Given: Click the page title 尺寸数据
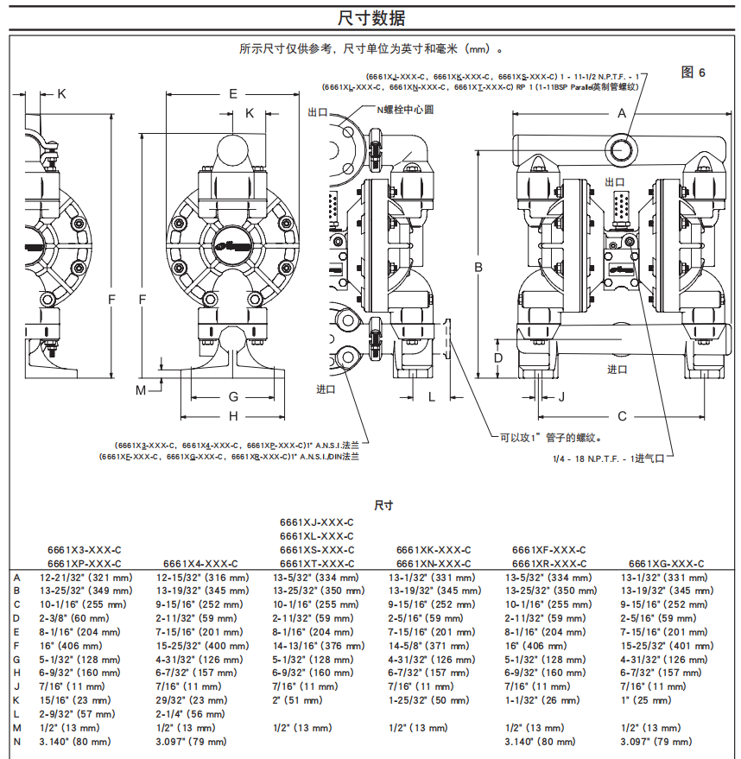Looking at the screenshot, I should (370, 17).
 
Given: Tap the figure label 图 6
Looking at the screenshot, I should (693, 73).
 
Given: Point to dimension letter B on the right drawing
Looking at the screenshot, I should (478, 268).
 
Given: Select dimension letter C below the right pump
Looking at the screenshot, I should (621, 417).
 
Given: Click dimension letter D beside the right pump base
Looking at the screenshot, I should (497, 357).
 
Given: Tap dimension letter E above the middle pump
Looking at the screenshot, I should (232, 93).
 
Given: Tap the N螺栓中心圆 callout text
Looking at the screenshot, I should (403, 110).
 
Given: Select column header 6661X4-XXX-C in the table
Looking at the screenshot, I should (199, 563).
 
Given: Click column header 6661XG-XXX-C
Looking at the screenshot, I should (666, 563).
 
